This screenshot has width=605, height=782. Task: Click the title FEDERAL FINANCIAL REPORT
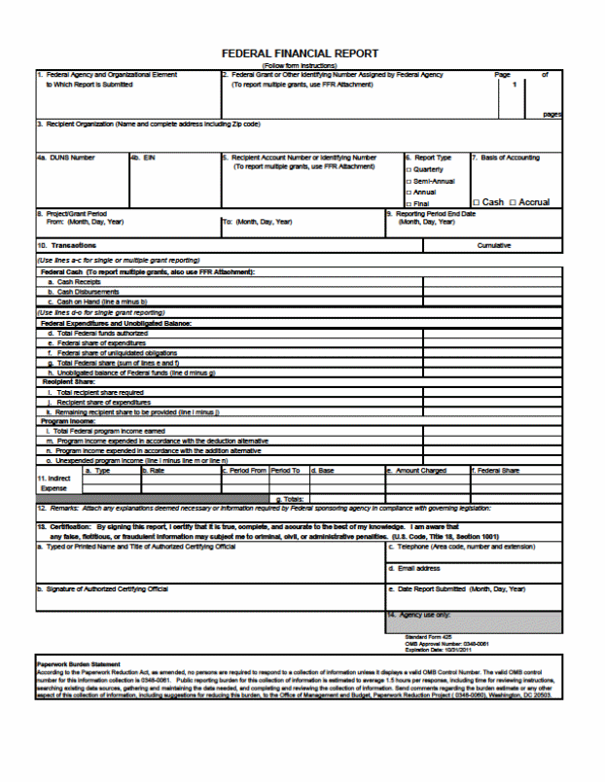300,53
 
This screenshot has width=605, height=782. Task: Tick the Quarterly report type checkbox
407,169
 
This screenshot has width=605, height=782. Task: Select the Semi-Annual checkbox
407,181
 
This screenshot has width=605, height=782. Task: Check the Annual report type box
407,193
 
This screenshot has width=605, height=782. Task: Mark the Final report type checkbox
407,203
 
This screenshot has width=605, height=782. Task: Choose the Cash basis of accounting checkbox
476,202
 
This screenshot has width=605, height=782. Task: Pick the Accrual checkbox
513,202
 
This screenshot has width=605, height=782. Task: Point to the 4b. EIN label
143,158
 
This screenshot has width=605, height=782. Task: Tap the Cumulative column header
494,245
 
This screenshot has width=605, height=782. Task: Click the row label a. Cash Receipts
81,282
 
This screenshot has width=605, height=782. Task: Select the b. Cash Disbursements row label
89,291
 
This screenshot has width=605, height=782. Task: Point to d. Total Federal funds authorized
97,333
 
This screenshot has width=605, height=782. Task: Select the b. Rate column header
155,471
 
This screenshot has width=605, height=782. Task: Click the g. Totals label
291,498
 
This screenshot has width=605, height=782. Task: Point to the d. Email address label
414,568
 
